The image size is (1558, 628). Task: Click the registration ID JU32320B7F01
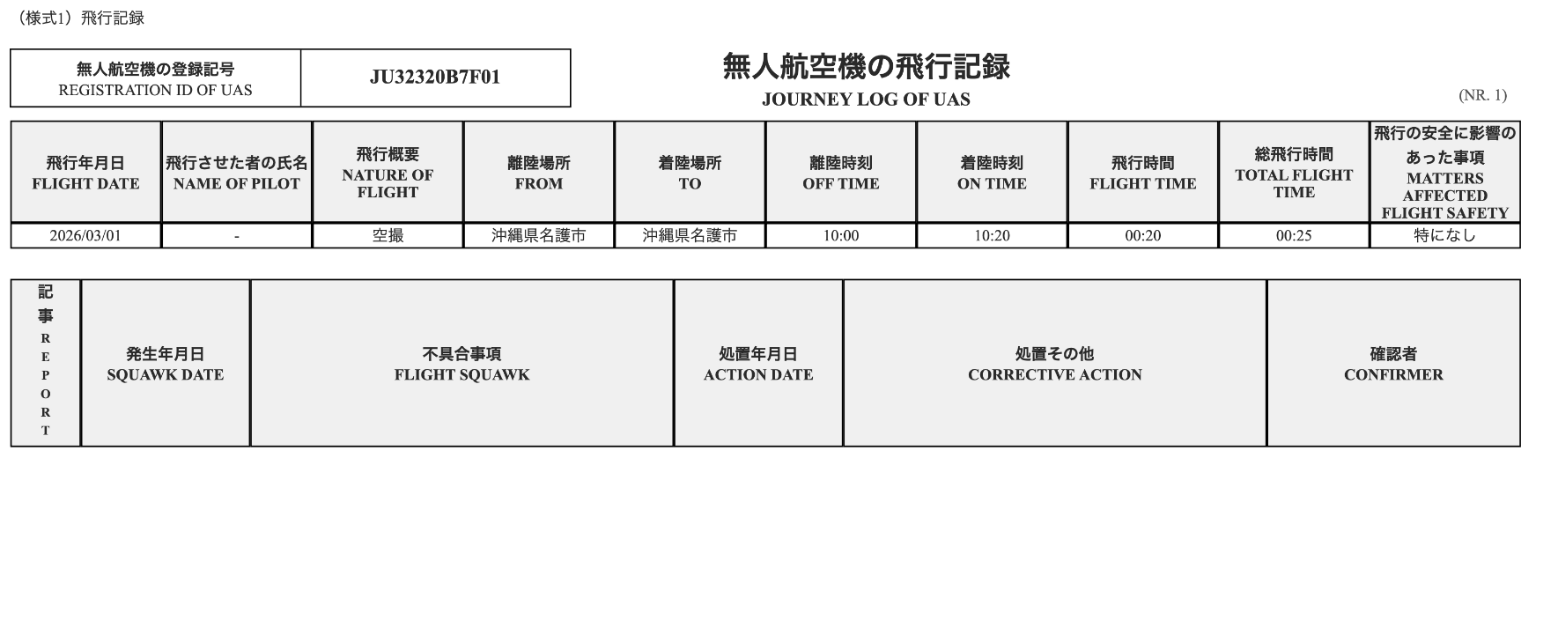(x=435, y=78)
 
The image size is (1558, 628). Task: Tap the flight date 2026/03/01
(x=85, y=236)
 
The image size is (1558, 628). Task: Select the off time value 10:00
(x=840, y=236)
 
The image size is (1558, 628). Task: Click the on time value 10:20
(x=992, y=236)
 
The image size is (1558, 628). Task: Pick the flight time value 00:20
(x=1142, y=236)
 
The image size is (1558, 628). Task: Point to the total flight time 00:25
(x=1294, y=236)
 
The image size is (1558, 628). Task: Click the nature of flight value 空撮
(x=388, y=236)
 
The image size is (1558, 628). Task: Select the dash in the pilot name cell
(x=237, y=237)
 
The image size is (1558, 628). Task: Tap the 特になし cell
(x=1444, y=236)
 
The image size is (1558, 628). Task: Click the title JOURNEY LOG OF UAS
(x=866, y=100)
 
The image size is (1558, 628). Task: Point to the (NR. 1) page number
(x=1482, y=95)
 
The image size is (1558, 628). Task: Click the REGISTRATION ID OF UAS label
(x=155, y=90)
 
